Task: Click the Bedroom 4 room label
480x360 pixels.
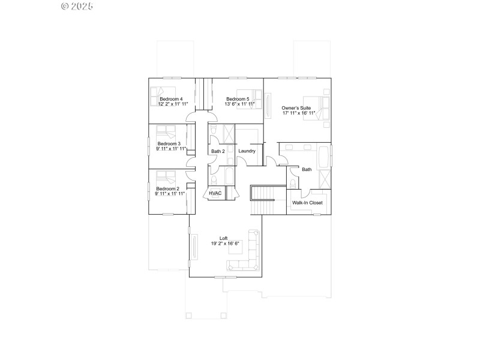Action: [171, 99]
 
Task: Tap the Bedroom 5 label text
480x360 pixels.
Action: [238, 99]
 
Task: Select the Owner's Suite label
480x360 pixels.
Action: [296, 108]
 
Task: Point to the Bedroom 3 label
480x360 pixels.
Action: [169, 144]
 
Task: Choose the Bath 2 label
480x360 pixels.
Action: [218, 151]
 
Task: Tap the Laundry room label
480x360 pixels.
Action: [247, 151]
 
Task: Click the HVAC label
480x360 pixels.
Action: [215, 193]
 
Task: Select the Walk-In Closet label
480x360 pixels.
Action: [307, 203]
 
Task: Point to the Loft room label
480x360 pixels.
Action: [223, 238]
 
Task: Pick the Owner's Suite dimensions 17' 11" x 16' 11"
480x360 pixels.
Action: [298, 113]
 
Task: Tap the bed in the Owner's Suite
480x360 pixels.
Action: [317, 108]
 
